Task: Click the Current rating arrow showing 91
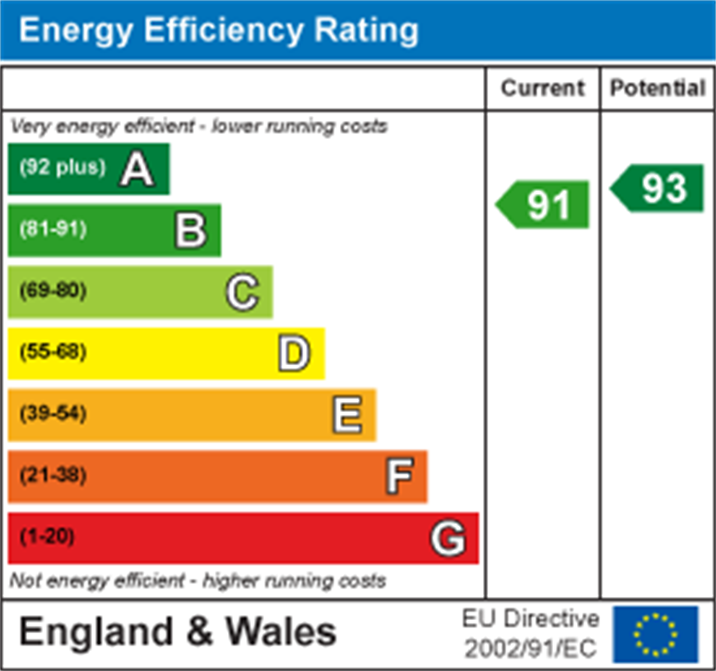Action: pyautogui.click(x=544, y=204)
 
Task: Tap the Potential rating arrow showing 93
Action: pyautogui.click(x=658, y=188)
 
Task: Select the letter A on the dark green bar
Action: pyautogui.click(x=137, y=169)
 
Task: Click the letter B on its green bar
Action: pyautogui.click(x=190, y=230)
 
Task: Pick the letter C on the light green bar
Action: pyautogui.click(x=242, y=292)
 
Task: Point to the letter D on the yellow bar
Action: pyautogui.click(x=294, y=354)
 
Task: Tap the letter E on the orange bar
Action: pyautogui.click(x=346, y=414)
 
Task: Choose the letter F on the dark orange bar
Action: pyautogui.click(x=398, y=476)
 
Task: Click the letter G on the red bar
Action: pyautogui.click(x=449, y=539)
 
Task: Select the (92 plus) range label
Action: pyautogui.click(x=63, y=167)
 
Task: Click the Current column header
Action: pyautogui.click(x=542, y=88)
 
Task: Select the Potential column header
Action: pyautogui.click(x=658, y=88)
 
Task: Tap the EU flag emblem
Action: pyautogui.click(x=655, y=635)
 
